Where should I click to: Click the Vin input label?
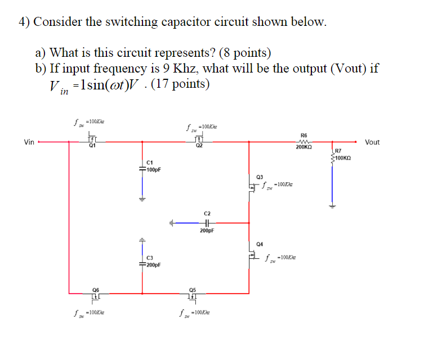[x=29, y=142]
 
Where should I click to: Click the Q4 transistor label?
[x=259, y=244]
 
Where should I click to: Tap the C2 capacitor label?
[x=207, y=214]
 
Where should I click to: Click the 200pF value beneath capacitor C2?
[x=207, y=231]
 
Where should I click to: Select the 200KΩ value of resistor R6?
[x=304, y=146]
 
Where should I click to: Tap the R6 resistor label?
[x=304, y=135]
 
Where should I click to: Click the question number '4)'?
[x=24, y=22]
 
